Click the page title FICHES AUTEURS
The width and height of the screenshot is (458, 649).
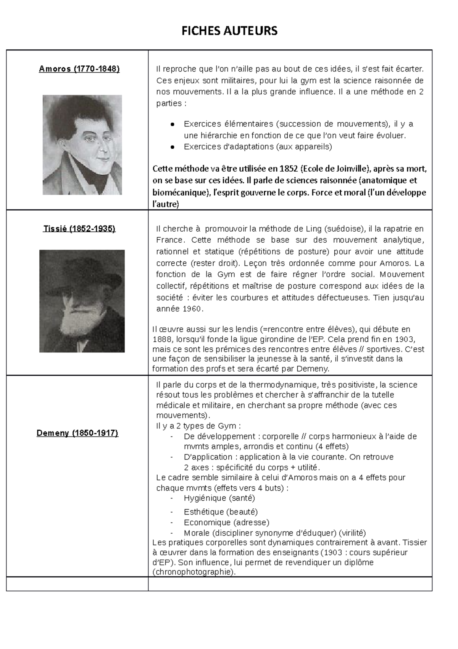pyautogui.click(x=229, y=31)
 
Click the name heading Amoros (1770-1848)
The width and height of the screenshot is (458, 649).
pyautogui.click(x=79, y=69)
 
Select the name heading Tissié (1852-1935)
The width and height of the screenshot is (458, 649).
pyautogui.click(x=79, y=229)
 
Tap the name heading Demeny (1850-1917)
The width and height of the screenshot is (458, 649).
pyautogui.click(x=77, y=433)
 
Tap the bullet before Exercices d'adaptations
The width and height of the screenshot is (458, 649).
pyautogui.click(x=173, y=147)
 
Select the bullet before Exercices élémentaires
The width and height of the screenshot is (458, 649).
pyautogui.click(x=173, y=124)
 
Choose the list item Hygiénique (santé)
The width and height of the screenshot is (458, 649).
pyautogui.click(x=219, y=498)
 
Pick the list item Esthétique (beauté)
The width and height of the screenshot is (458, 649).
pyautogui.click(x=221, y=512)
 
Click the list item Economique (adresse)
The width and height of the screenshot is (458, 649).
pyautogui.click(x=226, y=522)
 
